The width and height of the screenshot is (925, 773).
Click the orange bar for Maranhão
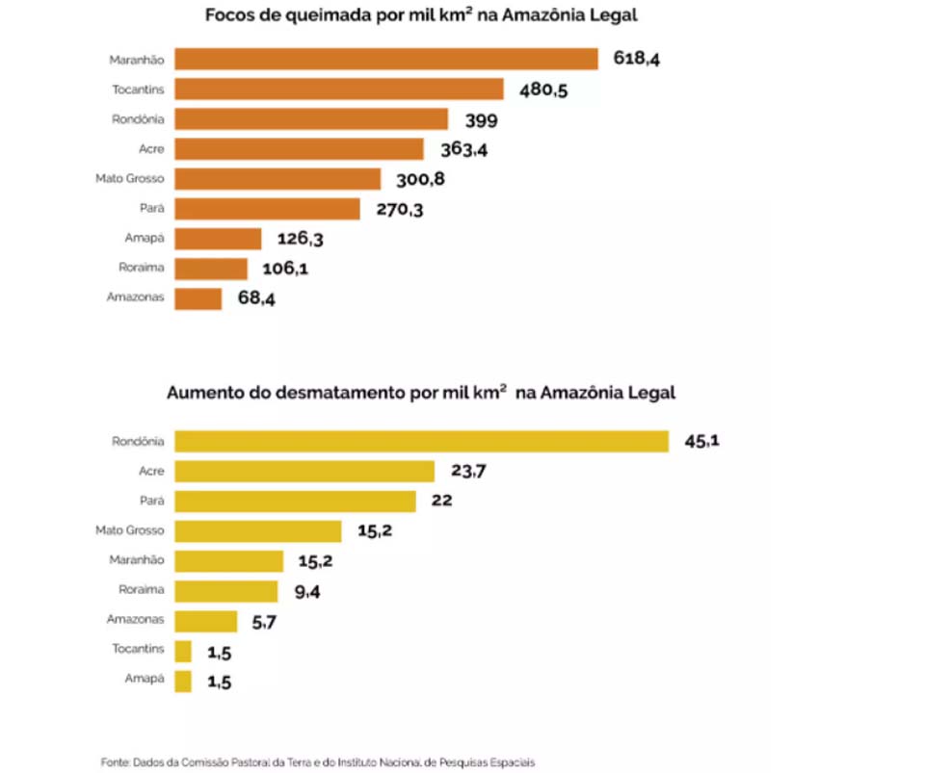(386, 60)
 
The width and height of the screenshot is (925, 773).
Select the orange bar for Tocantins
(339, 90)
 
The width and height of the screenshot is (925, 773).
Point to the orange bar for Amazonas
(198, 298)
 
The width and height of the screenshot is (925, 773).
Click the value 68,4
(255, 298)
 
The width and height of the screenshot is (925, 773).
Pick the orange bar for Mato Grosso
(278, 179)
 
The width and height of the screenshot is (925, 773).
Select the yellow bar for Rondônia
(422, 441)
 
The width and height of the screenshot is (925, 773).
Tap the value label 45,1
(702, 441)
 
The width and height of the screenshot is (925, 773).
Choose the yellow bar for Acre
(305, 471)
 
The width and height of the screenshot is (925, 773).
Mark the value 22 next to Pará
(441, 501)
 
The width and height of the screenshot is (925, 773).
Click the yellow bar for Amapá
(183, 681)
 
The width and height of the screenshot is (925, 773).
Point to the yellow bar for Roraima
(226, 591)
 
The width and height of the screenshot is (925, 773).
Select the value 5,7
(265, 622)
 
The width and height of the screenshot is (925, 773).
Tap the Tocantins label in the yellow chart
(138, 649)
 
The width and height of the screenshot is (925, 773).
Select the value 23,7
(469, 471)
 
